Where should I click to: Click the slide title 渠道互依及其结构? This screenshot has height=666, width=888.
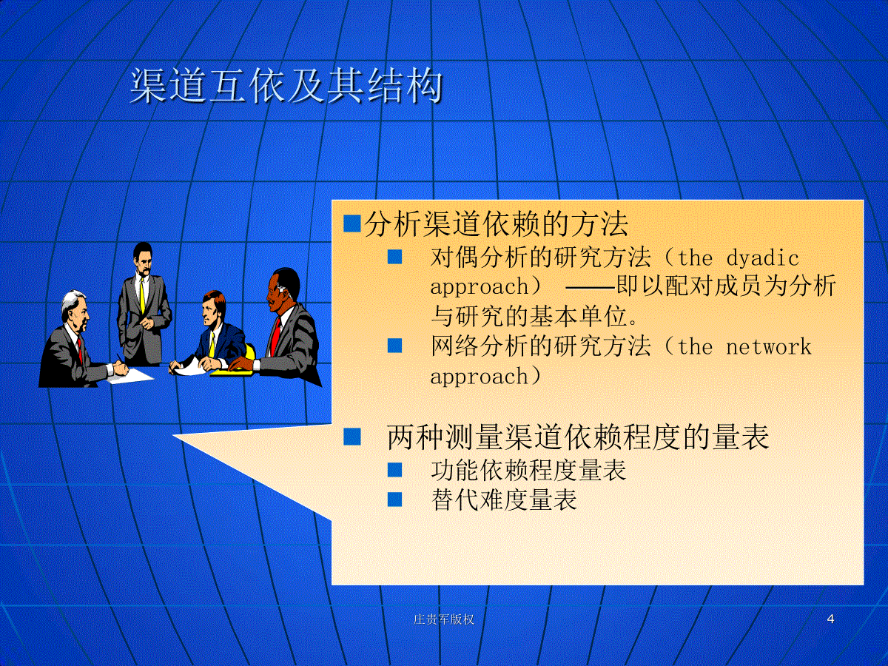286,86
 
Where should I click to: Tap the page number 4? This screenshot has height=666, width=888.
830,619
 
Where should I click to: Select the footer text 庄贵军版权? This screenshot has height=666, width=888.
444,619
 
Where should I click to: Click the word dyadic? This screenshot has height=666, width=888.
763,258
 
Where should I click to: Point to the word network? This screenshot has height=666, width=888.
769,347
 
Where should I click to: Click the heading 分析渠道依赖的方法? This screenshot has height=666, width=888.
497,224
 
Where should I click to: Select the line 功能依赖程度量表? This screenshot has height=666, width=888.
528,470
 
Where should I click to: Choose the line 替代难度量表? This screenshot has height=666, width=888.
504,499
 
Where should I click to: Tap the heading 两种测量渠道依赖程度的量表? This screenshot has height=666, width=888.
578,437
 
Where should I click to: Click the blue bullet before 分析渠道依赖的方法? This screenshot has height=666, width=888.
352,223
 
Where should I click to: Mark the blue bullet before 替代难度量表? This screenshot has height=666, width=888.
395,499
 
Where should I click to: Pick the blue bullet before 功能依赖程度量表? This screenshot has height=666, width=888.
395,470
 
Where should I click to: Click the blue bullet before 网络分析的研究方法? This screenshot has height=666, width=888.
395,346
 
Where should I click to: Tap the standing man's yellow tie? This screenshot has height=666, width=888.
142,295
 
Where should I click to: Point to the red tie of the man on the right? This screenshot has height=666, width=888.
275,337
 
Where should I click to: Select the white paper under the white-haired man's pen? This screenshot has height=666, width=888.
130,376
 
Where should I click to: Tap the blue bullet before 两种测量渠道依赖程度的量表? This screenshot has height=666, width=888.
352,437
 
